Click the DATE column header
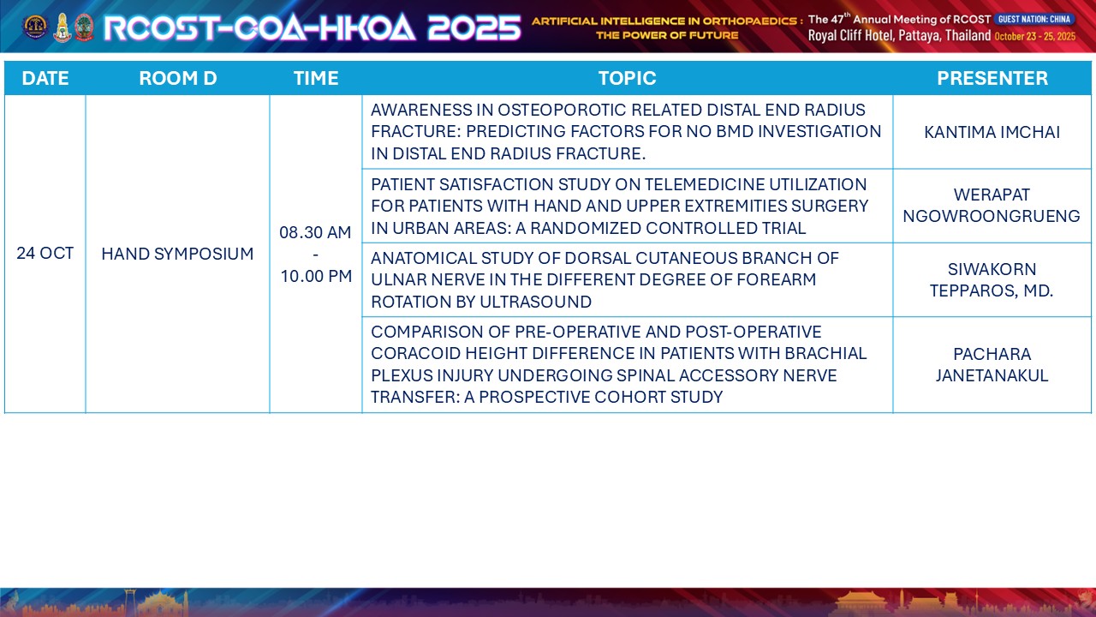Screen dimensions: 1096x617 (45, 78)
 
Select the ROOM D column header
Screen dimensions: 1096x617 (177, 78)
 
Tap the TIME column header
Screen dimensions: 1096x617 (316, 78)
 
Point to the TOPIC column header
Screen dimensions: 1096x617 (627, 78)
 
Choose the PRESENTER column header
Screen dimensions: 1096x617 (992, 78)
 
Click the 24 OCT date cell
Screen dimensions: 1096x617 (45, 253)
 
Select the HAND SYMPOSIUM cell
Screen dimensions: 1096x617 (177, 254)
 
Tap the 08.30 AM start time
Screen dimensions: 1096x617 (315, 232)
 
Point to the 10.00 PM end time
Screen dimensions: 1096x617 (316, 276)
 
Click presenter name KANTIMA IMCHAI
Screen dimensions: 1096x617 (992, 132)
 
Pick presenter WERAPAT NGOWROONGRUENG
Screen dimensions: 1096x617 (992, 205)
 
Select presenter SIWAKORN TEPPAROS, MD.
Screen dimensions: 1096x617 (992, 279)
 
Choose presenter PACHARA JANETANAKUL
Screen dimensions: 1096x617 (992, 364)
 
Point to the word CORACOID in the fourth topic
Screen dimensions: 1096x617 (415, 353)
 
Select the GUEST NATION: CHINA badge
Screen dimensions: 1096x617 (1034, 19)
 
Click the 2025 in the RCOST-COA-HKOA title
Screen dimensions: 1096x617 (474, 27)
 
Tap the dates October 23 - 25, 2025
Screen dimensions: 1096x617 (1035, 36)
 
